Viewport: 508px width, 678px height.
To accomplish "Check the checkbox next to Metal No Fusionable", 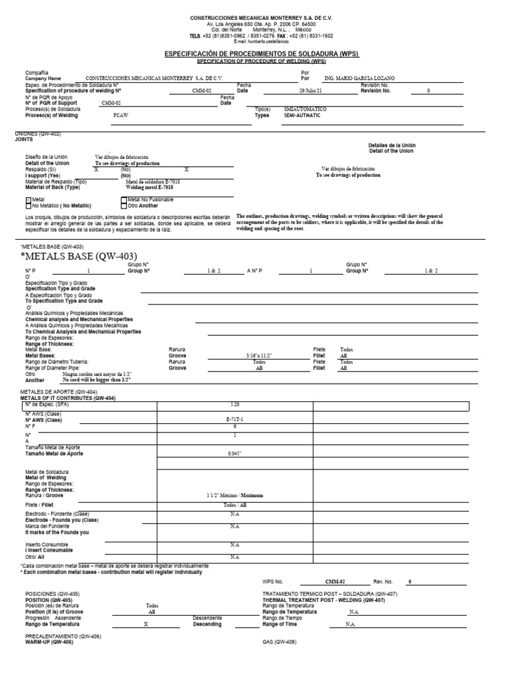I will tap(124, 199).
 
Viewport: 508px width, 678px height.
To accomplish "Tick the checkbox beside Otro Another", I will tap(124, 206).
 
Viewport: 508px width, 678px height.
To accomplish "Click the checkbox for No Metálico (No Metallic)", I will tap(28, 206).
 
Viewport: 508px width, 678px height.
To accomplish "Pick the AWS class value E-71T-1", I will tap(234, 420).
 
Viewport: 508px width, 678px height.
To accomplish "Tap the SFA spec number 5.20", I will tap(234, 403).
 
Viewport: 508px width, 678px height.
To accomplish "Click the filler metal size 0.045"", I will tap(234, 454).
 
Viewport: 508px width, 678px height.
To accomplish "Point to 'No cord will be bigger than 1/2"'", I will tap(97, 380).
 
